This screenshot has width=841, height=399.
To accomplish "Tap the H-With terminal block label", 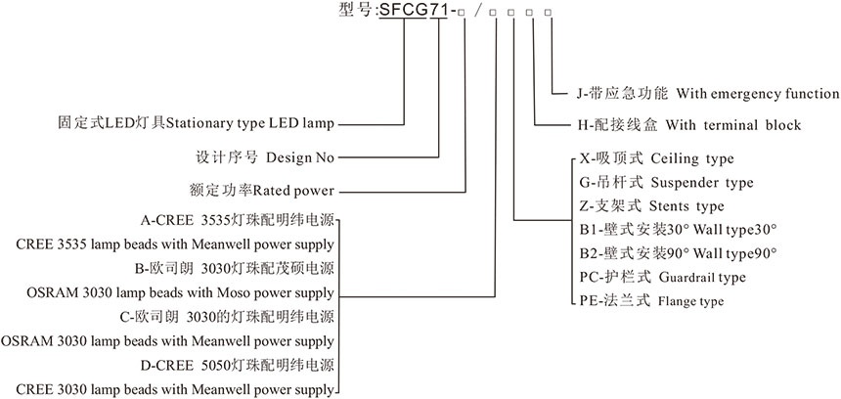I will tap(689, 125).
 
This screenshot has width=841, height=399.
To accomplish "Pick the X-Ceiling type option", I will tap(656, 157).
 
